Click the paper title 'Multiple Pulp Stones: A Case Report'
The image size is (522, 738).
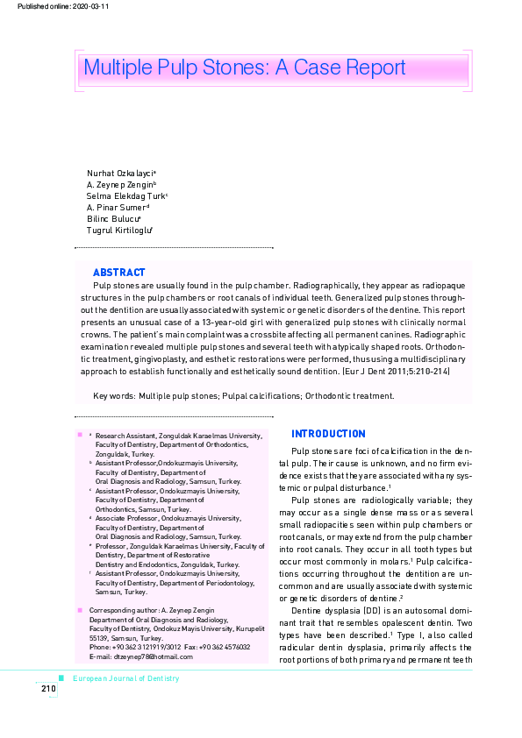[x=244, y=68]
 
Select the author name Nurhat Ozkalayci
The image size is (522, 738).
[x=120, y=174]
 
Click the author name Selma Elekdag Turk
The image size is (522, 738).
[x=125, y=196]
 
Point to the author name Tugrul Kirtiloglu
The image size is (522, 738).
[x=118, y=230]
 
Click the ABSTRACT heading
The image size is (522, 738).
[x=118, y=273]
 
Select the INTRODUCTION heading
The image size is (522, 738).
[x=328, y=434]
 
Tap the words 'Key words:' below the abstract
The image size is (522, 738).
[x=114, y=396]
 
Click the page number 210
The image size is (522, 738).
[x=47, y=689]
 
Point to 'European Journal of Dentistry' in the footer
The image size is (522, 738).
[x=125, y=678]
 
